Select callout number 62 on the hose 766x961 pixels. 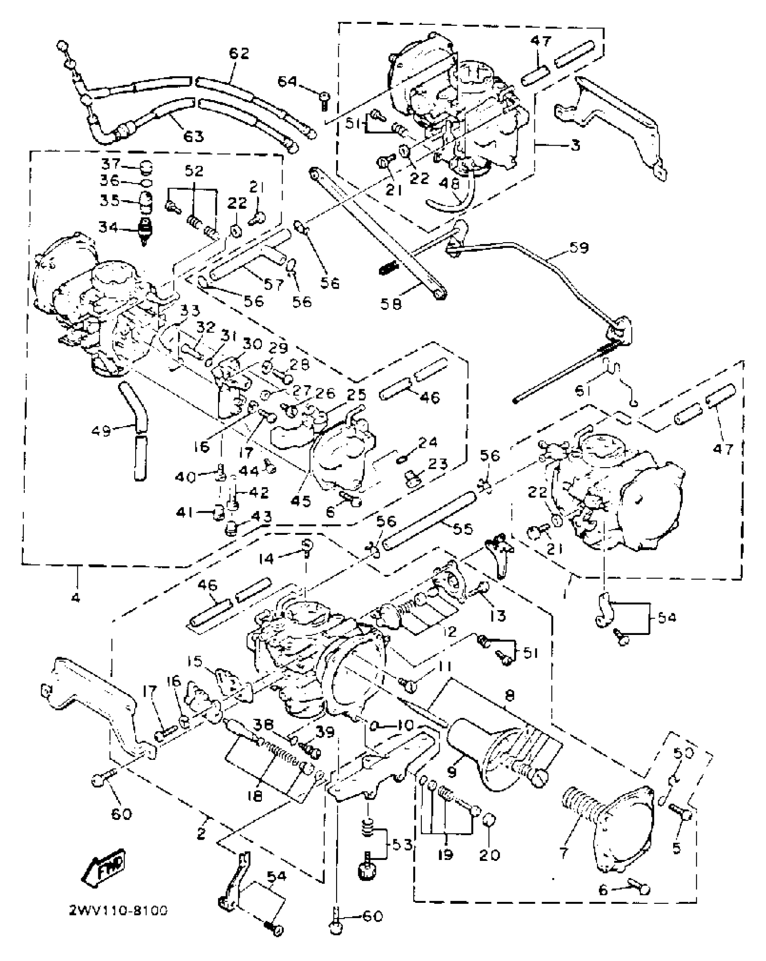point(238,54)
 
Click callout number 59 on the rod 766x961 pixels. point(579,248)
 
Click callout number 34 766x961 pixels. point(109,228)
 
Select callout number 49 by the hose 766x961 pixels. point(101,431)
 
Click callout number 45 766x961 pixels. point(301,500)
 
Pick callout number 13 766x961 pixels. point(498,615)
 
